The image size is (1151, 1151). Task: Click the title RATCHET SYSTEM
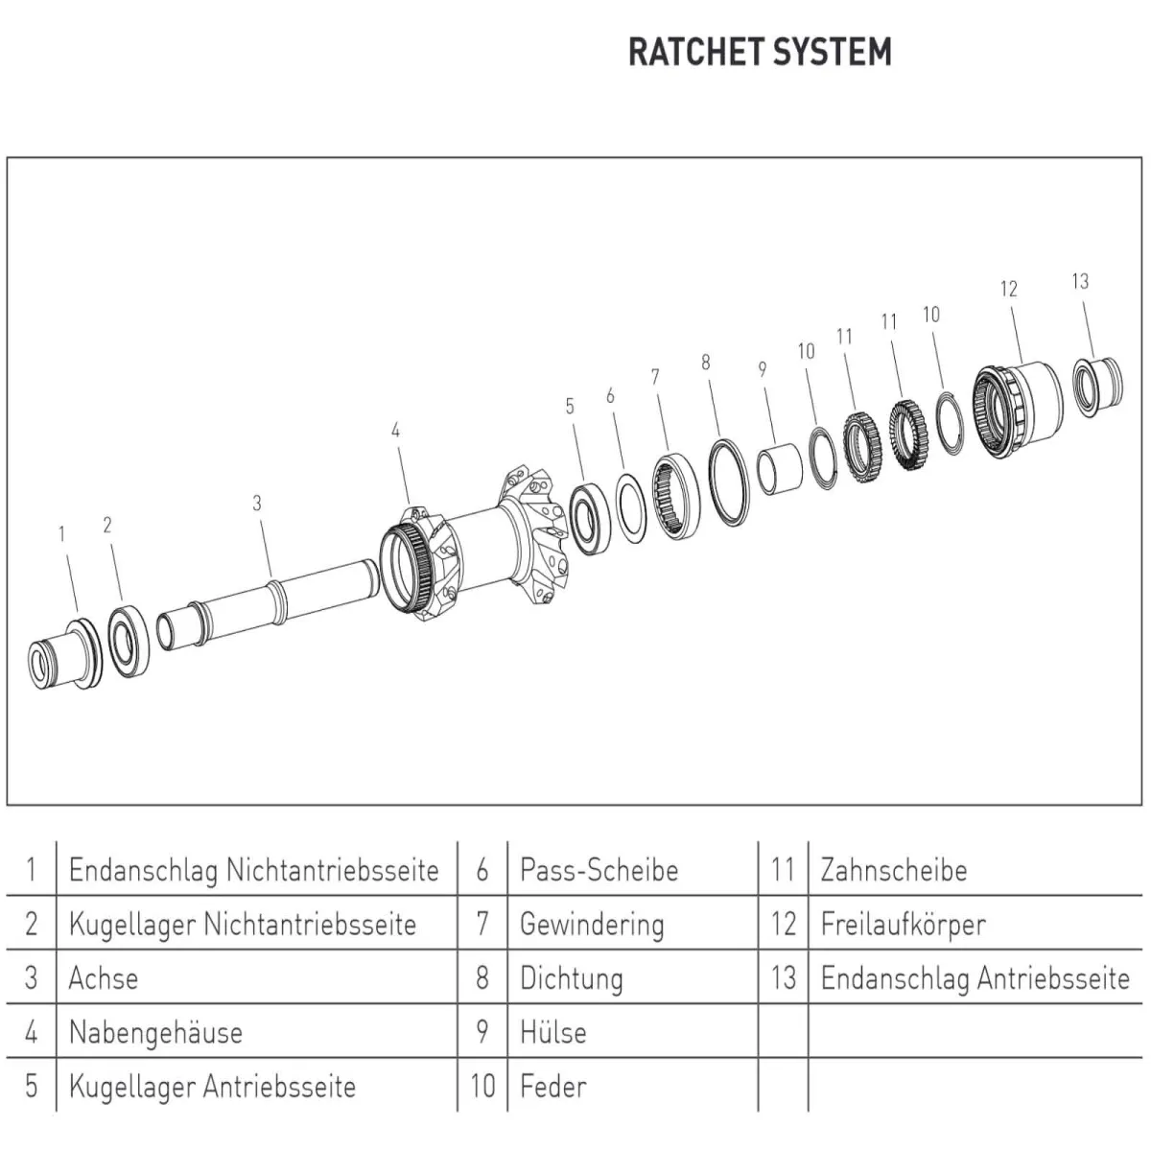(x=760, y=52)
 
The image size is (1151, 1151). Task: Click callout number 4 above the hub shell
(x=395, y=431)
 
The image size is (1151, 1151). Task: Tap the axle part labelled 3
(x=269, y=604)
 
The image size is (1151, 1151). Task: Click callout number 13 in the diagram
(x=1080, y=281)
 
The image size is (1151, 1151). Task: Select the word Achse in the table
(x=104, y=978)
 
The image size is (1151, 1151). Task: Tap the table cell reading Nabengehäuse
(x=155, y=1033)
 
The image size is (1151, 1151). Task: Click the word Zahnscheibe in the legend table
(x=893, y=870)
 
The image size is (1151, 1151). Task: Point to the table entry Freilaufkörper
(x=903, y=925)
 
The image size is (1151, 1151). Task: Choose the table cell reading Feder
(x=552, y=1087)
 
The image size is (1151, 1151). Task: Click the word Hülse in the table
(x=552, y=1033)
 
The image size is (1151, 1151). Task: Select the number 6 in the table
(x=482, y=870)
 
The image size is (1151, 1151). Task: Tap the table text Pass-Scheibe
(x=599, y=870)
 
